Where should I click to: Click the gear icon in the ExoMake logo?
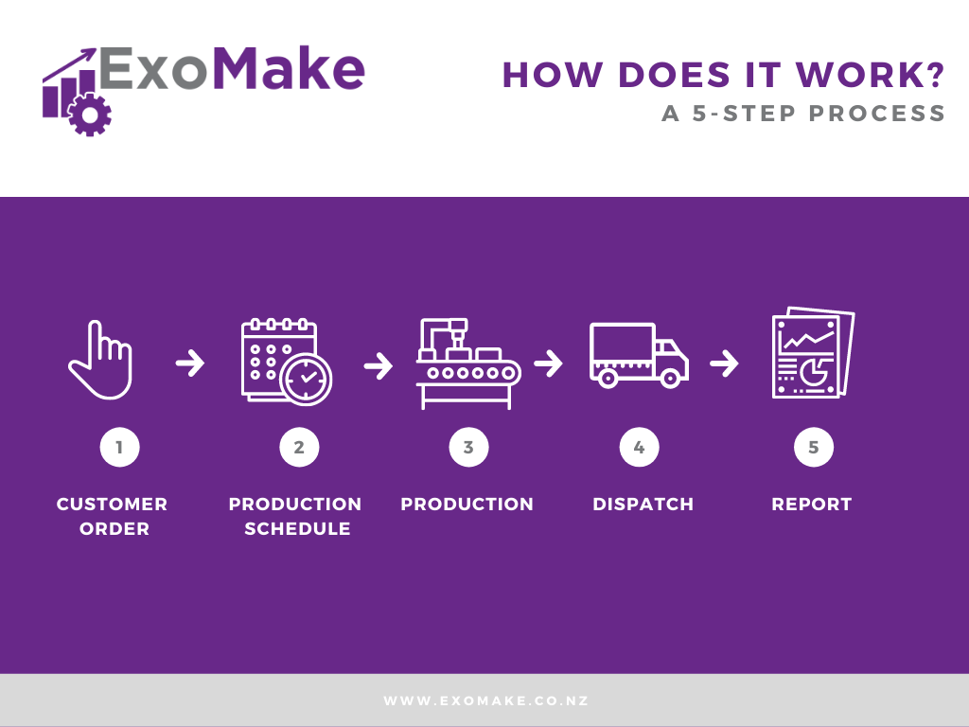click(x=90, y=115)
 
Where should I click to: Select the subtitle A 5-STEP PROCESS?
click(x=803, y=114)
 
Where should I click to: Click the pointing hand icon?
click(x=100, y=359)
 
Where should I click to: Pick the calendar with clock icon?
click(x=286, y=362)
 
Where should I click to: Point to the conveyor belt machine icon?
click(x=468, y=363)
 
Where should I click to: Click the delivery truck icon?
click(x=639, y=356)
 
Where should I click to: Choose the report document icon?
click(x=813, y=352)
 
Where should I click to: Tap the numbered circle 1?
click(x=120, y=447)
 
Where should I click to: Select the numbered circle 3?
click(x=468, y=447)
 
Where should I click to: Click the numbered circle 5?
click(x=813, y=447)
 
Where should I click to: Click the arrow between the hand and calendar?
click(x=189, y=363)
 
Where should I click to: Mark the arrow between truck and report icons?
click(x=724, y=363)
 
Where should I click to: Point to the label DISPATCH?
click(x=643, y=505)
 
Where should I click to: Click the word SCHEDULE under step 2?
click(x=297, y=529)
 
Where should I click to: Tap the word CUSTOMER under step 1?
click(x=112, y=505)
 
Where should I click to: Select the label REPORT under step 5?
click(x=811, y=505)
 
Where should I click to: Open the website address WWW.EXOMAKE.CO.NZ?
click(x=485, y=701)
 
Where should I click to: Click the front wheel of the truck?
click(x=670, y=378)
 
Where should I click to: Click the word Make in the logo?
click(x=288, y=68)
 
